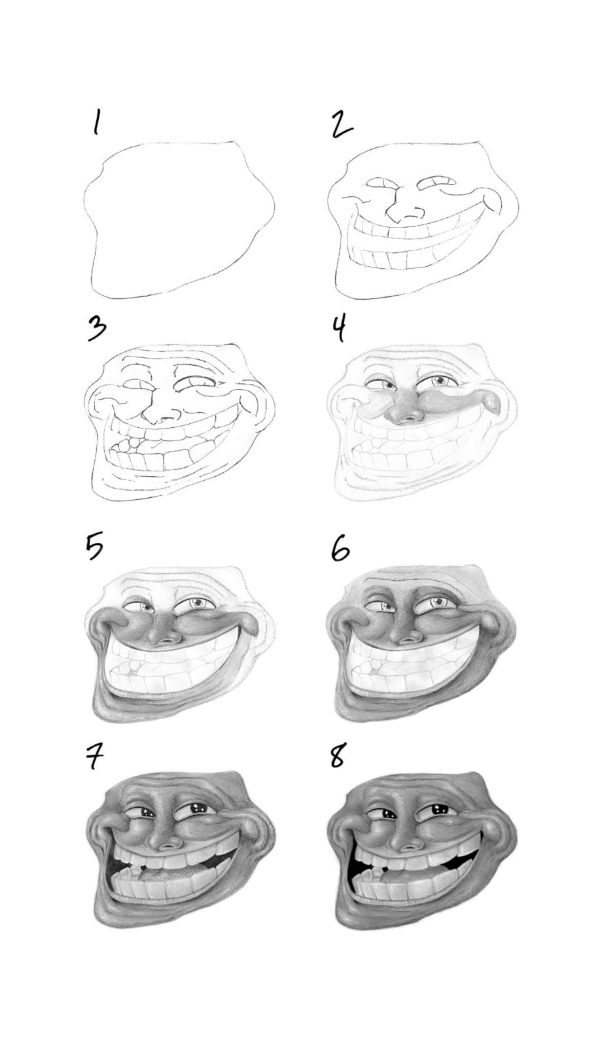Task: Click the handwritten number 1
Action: click(96, 123)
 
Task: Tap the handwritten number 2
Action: click(342, 124)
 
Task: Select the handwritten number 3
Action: click(96, 329)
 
